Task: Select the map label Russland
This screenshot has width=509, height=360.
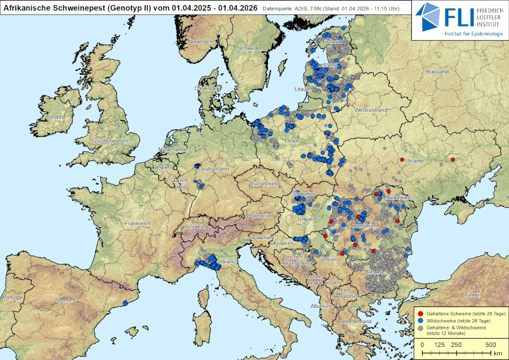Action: (x=437, y=72)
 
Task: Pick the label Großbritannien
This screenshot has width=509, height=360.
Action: (x=109, y=140)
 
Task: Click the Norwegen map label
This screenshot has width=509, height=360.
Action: (x=200, y=41)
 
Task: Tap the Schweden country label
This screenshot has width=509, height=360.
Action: (x=250, y=48)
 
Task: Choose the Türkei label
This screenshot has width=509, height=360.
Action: (x=472, y=295)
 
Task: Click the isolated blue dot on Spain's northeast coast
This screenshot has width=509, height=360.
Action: (x=125, y=302)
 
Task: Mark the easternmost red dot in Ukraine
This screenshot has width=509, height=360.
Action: (x=453, y=160)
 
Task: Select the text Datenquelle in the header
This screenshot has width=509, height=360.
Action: (x=278, y=8)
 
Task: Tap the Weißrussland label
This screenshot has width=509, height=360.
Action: (x=371, y=110)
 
